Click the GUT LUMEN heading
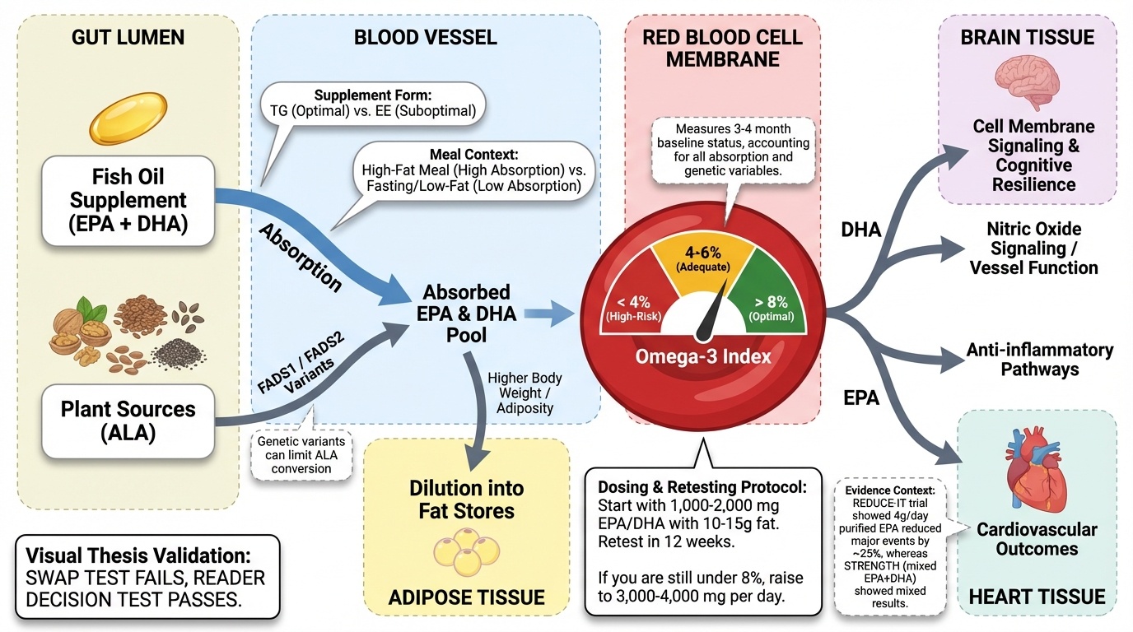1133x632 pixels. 128,37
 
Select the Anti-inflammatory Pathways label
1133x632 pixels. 1039,360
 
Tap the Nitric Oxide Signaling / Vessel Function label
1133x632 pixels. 1033,248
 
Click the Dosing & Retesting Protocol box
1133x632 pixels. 703,541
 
